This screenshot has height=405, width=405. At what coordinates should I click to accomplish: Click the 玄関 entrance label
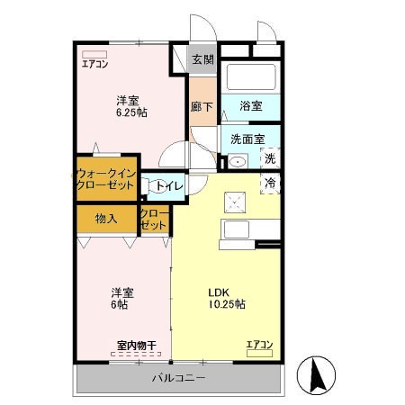(x=202, y=60)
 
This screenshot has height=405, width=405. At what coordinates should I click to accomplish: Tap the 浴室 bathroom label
(x=251, y=105)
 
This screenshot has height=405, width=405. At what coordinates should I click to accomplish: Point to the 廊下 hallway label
(x=202, y=105)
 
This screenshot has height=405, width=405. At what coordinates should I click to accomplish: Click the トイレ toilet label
(x=169, y=185)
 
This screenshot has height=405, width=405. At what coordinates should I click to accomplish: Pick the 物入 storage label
(x=106, y=219)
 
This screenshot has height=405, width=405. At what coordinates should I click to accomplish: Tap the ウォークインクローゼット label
(x=105, y=177)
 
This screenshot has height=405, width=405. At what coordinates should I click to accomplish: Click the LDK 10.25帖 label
(x=227, y=298)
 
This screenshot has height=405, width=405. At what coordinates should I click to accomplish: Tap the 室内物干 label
(x=137, y=345)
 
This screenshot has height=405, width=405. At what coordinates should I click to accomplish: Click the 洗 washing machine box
(x=269, y=159)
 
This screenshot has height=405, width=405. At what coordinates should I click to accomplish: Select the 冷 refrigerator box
(x=269, y=183)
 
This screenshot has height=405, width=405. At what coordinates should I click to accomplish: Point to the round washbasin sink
(x=236, y=163)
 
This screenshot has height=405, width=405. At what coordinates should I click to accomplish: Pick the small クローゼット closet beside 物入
(x=153, y=219)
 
